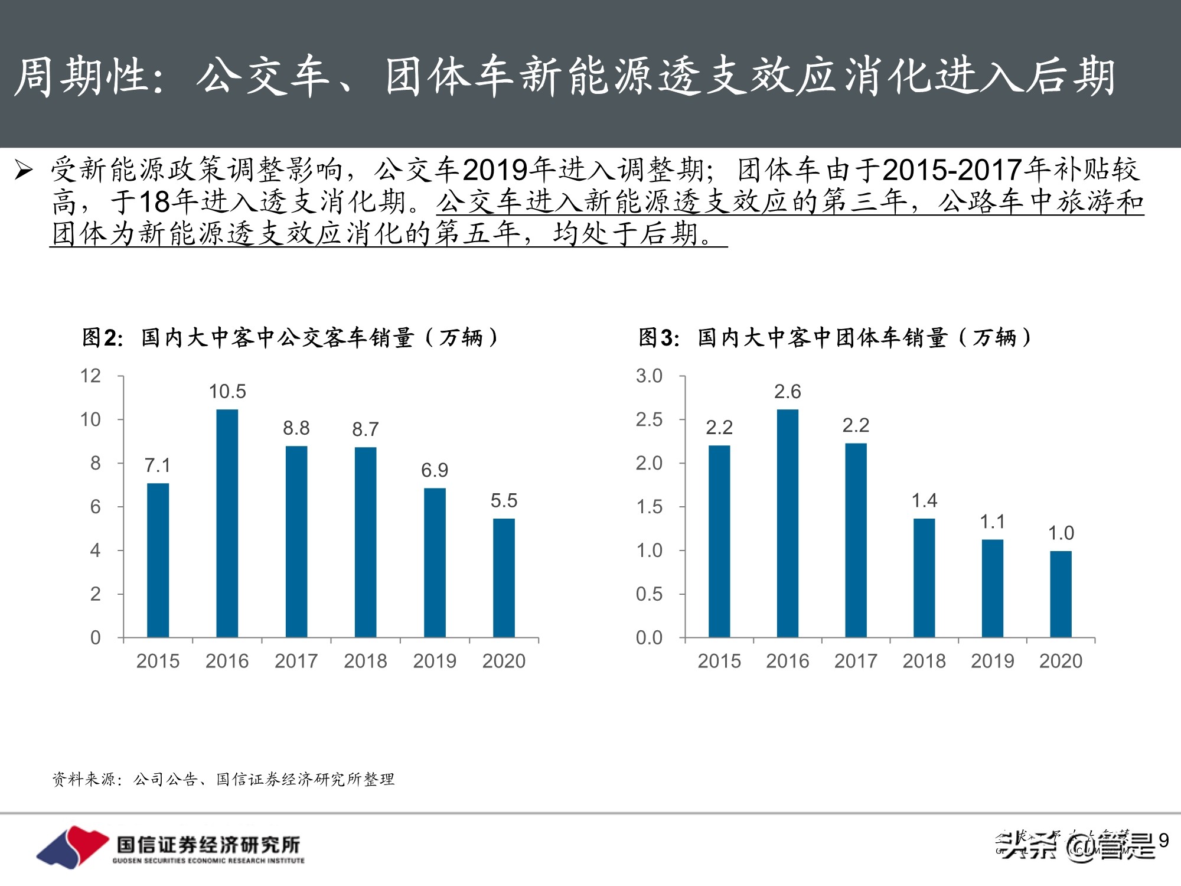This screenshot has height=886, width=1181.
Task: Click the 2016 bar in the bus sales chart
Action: coord(227,523)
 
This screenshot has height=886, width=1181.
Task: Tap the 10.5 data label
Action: coord(227,391)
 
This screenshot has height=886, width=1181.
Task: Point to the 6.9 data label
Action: coord(434,470)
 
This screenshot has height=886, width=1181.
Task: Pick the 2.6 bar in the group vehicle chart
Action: coord(787,523)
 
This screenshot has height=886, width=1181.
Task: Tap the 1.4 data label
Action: coord(924,501)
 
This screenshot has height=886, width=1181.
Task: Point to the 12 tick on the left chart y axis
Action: coord(90,376)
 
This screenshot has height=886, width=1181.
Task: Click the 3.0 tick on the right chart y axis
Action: coord(648,376)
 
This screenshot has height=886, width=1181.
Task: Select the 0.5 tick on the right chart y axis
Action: coord(648,594)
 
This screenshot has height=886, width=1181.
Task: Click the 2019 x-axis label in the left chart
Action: coord(435,661)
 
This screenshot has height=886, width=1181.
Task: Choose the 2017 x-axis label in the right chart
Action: coord(856,661)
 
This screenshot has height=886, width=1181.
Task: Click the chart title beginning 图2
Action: coord(289,338)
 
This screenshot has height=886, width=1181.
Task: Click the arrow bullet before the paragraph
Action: coord(24,170)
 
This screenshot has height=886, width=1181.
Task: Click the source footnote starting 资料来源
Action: coord(223,780)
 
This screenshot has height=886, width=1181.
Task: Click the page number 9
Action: coord(1163,840)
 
